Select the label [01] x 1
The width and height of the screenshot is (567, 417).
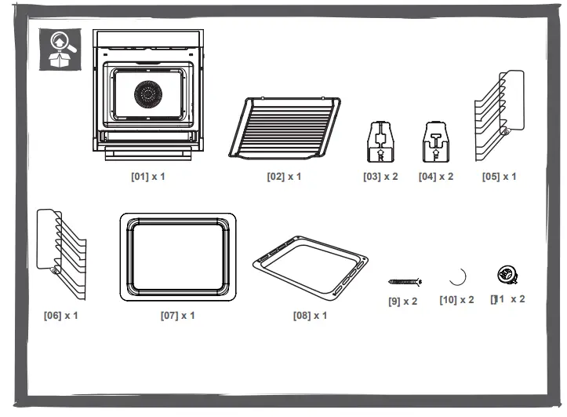pos(147,176)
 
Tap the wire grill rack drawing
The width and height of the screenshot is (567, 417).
pos(285,127)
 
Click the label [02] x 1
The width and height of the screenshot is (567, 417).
pos(284,177)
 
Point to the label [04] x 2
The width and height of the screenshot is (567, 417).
pos(436,177)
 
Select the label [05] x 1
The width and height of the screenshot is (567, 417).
pos(499,177)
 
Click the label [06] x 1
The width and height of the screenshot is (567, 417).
pos(60,315)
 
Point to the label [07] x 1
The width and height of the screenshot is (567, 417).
pos(177,315)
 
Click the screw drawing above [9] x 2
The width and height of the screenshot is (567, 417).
pos(405,280)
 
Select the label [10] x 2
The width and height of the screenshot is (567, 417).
pos(456,300)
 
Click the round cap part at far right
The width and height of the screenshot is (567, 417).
pos(507,275)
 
